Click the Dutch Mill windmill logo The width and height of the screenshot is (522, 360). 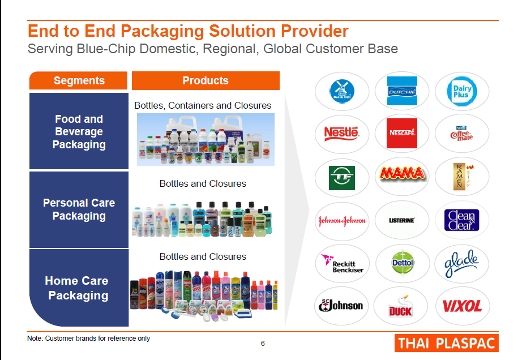(342, 91)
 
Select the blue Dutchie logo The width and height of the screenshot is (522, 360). (402, 91)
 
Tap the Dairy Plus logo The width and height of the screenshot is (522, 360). (462, 91)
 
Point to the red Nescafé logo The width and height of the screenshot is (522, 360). (402, 133)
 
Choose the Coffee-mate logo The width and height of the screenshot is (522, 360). (462, 133)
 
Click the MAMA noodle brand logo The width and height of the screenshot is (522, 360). (402, 174)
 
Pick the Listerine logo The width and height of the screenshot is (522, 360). (402, 220)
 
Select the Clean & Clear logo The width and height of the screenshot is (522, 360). (462, 220)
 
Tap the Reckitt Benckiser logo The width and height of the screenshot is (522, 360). (342, 263)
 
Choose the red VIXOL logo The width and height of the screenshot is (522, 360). (462, 306)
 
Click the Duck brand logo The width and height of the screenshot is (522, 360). (402, 306)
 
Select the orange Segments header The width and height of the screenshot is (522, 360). (79, 81)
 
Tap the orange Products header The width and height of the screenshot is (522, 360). (206, 81)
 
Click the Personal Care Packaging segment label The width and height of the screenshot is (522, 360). (79, 209)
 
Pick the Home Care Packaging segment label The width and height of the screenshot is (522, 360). (78, 288)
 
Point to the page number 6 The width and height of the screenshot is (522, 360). (263, 343)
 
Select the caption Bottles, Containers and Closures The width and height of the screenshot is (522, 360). (203, 106)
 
